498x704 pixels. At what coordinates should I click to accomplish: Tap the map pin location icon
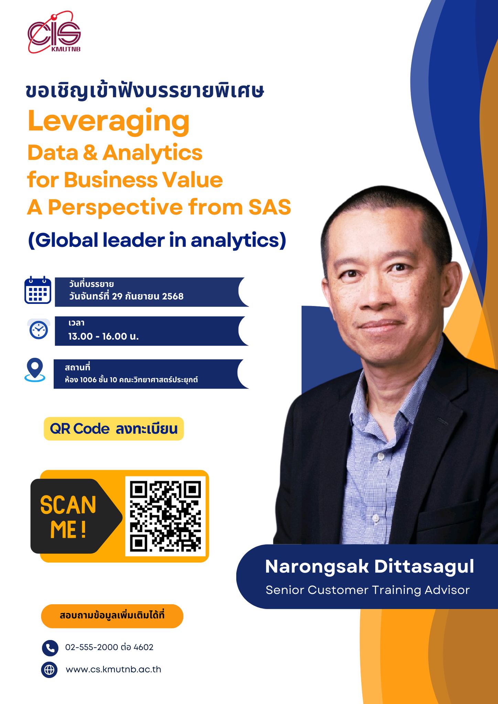(x=35, y=370)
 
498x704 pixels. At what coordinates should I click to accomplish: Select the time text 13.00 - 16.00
(x=97, y=336)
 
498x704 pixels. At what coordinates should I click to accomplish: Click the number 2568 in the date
(x=173, y=296)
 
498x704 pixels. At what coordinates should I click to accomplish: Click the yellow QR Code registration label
(x=113, y=429)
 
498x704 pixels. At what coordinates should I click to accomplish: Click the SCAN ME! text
(x=68, y=517)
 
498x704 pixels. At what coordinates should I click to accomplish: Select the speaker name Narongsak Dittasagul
(x=369, y=566)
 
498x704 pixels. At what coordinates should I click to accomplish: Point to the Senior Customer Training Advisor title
(x=368, y=590)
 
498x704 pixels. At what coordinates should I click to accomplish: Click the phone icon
(x=50, y=648)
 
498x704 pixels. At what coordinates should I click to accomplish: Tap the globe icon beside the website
(x=49, y=670)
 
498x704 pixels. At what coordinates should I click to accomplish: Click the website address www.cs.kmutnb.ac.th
(x=113, y=669)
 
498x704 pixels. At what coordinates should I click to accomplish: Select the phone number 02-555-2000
(x=92, y=648)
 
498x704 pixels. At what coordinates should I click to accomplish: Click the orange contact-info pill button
(x=112, y=616)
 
